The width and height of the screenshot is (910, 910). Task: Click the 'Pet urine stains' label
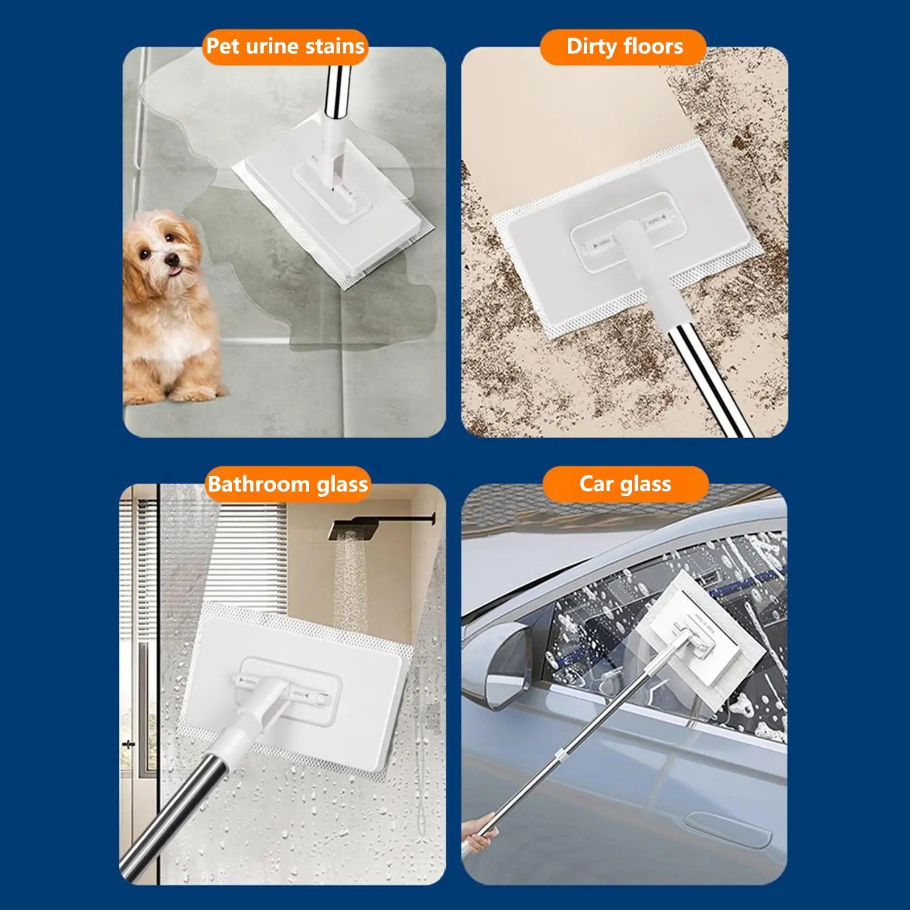point(285,46)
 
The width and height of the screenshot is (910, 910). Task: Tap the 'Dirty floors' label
point(624,46)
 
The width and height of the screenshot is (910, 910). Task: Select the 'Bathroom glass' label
point(288,484)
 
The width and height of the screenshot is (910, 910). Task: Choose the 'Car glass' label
point(625,484)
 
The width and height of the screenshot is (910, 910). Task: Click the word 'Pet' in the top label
point(223,46)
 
